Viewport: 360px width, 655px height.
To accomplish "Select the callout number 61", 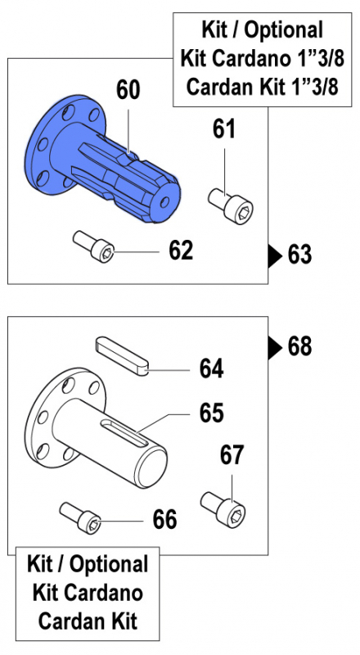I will tap(224, 129).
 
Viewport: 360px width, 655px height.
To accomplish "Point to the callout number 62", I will tap(181, 250).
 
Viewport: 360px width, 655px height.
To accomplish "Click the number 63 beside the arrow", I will tap(300, 255).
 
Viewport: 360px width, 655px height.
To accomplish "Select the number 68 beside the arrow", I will tap(300, 346).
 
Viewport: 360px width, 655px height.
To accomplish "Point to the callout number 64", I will tap(212, 368).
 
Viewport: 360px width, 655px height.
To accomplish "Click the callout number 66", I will tap(164, 519).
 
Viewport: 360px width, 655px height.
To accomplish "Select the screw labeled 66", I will tap(82, 516).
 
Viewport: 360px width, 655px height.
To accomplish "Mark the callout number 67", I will tap(232, 455).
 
